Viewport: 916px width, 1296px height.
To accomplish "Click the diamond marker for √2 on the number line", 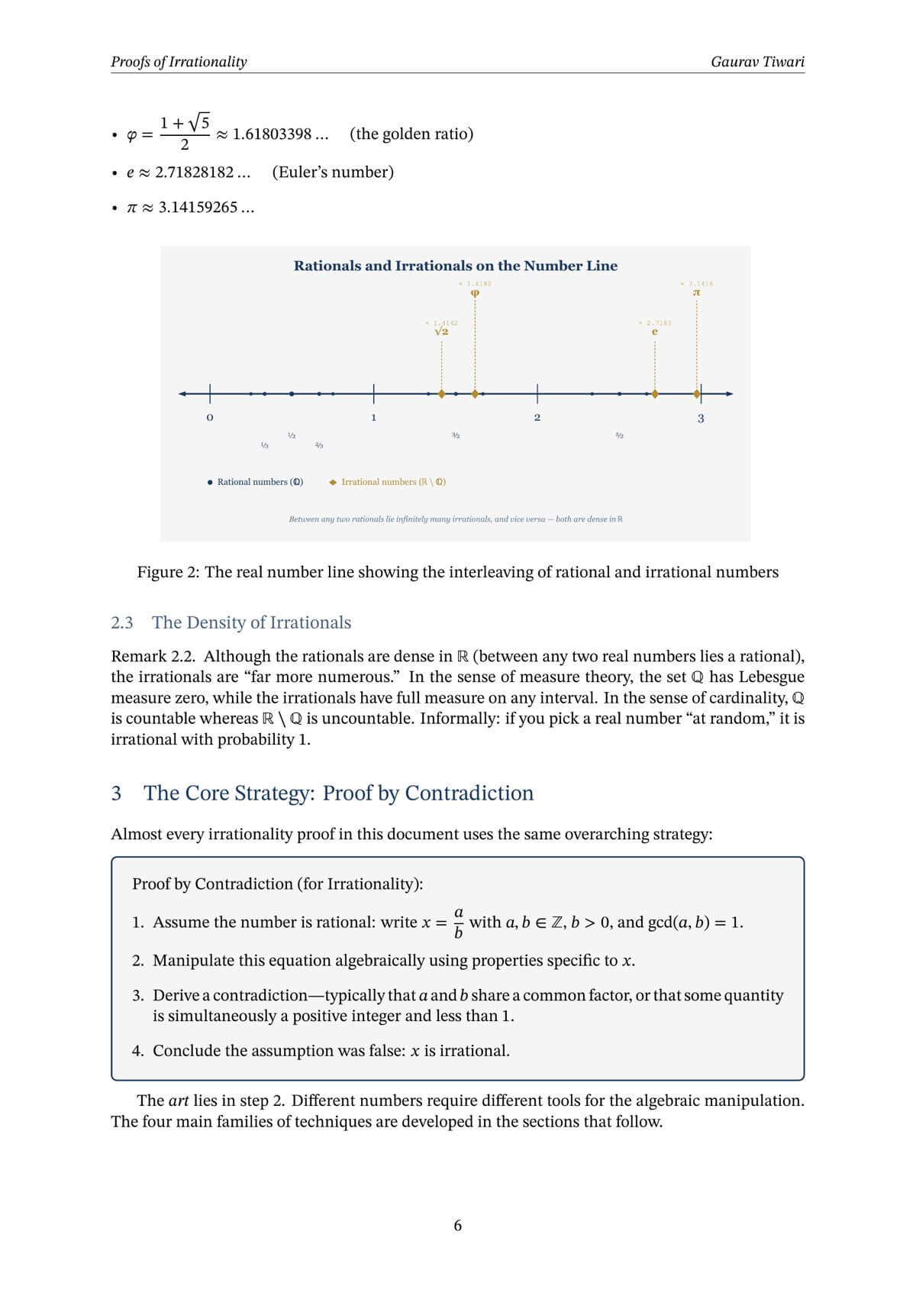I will pyautogui.click(x=441, y=394).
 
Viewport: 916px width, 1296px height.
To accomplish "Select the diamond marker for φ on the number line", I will pyautogui.click(x=475, y=394).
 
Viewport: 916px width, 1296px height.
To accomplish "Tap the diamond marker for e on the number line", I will pyautogui.click(x=655, y=394).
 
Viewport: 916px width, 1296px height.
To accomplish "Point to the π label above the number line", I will pyautogui.click(x=696, y=292).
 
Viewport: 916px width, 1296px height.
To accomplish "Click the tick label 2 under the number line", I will pyautogui.click(x=537, y=418).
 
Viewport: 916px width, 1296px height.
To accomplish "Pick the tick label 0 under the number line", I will pyautogui.click(x=210, y=418).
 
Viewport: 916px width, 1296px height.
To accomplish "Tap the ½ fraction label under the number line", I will pyautogui.click(x=292, y=435).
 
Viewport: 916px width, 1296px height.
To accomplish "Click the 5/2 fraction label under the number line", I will pyautogui.click(x=619, y=435).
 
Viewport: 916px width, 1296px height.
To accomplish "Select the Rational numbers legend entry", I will pyautogui.click(x=255, y=482).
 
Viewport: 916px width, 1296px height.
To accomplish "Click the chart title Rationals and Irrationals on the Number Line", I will pyautogui.click(x=456, y=266).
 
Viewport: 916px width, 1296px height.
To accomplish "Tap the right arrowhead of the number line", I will pyautogui.click(x=729, y=394).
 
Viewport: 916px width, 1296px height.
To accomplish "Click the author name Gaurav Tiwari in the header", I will pyautogui.click(x=757, y=62).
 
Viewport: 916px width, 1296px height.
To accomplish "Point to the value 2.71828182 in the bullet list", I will pyautogui.click(x=194, y=172).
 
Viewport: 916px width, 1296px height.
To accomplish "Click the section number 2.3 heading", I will pyautogui.click(x=122, y=622).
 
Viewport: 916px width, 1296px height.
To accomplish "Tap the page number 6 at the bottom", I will pyautogui.click(x=457, y=1226).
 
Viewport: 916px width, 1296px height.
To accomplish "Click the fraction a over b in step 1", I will pyautogui.click(x=459, y=923).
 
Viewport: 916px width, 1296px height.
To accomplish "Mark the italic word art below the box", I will pyautogui.click(x=179, y=1100).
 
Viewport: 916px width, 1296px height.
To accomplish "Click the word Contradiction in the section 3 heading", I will pyautogui.click(x=469, y=793).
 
